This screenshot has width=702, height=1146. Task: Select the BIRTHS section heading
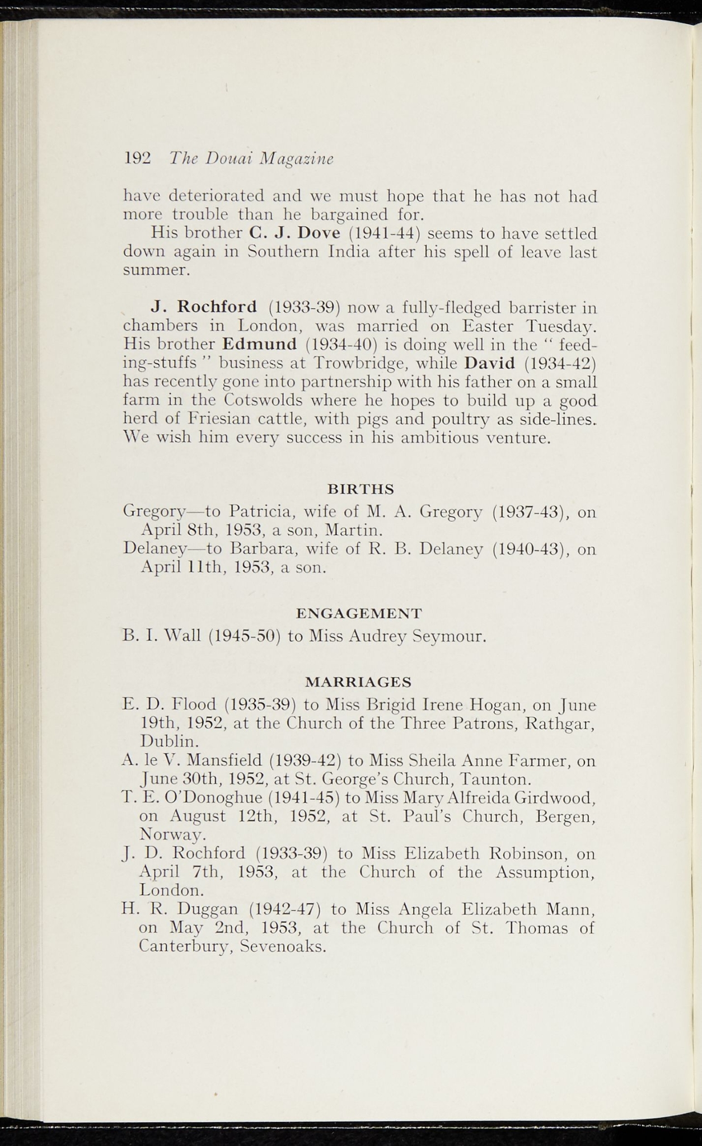[x=361, y=490]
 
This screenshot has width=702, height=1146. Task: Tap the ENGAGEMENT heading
[x=359, y=613]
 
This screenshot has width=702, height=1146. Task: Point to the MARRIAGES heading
[x=358, y=682]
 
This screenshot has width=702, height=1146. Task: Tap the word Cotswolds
[x=263, y=401]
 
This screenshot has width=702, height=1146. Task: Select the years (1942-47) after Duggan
[x=284, y=909]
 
